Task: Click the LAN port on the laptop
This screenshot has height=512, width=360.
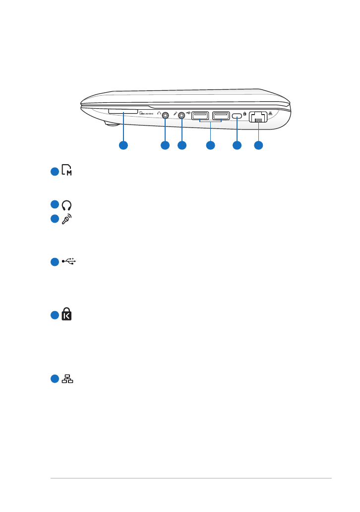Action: tap(258, 117)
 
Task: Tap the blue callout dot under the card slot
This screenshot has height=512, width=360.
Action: tap(123, 145)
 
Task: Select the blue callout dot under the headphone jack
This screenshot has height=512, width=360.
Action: tap(165, 145)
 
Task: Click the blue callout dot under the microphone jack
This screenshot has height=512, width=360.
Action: tap(182, 145)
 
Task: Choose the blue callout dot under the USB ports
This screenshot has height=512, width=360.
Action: tap(210, 145)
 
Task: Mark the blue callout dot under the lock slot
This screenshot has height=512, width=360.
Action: tap(237, 145)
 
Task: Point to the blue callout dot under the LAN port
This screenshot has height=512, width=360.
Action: tap(258, 145)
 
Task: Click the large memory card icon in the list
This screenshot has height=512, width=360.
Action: tap(66, 172)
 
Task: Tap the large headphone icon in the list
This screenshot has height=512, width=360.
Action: tap(66, 204)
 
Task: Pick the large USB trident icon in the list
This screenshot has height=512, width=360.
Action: tap(69, 261)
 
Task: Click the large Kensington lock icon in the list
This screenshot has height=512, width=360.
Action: tap(66, 314)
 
